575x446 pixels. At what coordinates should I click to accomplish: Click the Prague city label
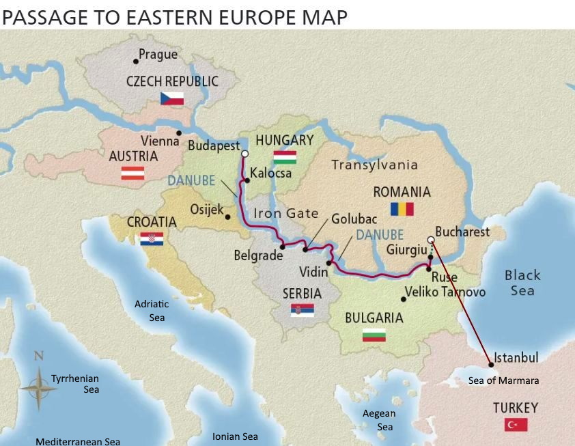(x=158, y=55)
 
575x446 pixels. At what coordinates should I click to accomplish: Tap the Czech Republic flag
(x=172, y=98)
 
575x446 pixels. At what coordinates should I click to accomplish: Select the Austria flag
(x=132, y=173)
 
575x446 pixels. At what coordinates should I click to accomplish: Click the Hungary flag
(x=285, y=157)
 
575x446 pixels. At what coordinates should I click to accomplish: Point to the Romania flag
(x=402, y=209)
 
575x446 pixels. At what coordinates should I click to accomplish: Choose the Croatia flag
(x=152, y=239)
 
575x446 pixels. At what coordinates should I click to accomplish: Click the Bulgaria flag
(x=374, y=335)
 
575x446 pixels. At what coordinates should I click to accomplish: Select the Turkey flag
(x=516, y=425)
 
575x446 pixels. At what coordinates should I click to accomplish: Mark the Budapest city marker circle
(x=244, y=154)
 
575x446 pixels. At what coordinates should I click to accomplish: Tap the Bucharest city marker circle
(x=430, y=240)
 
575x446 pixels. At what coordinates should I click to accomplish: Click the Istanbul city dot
(x=490, y=364)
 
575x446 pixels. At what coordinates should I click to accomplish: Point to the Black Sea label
(x=522, y=283)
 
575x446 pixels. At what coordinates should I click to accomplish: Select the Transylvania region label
(x=374, y=165)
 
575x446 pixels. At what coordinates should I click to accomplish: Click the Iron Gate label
(x=286, y=213)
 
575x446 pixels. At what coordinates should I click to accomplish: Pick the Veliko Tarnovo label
(x=445, y=292)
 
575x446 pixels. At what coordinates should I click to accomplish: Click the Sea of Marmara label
(x=503, y=380)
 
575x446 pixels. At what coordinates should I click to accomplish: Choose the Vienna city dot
(x=179, y=133)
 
